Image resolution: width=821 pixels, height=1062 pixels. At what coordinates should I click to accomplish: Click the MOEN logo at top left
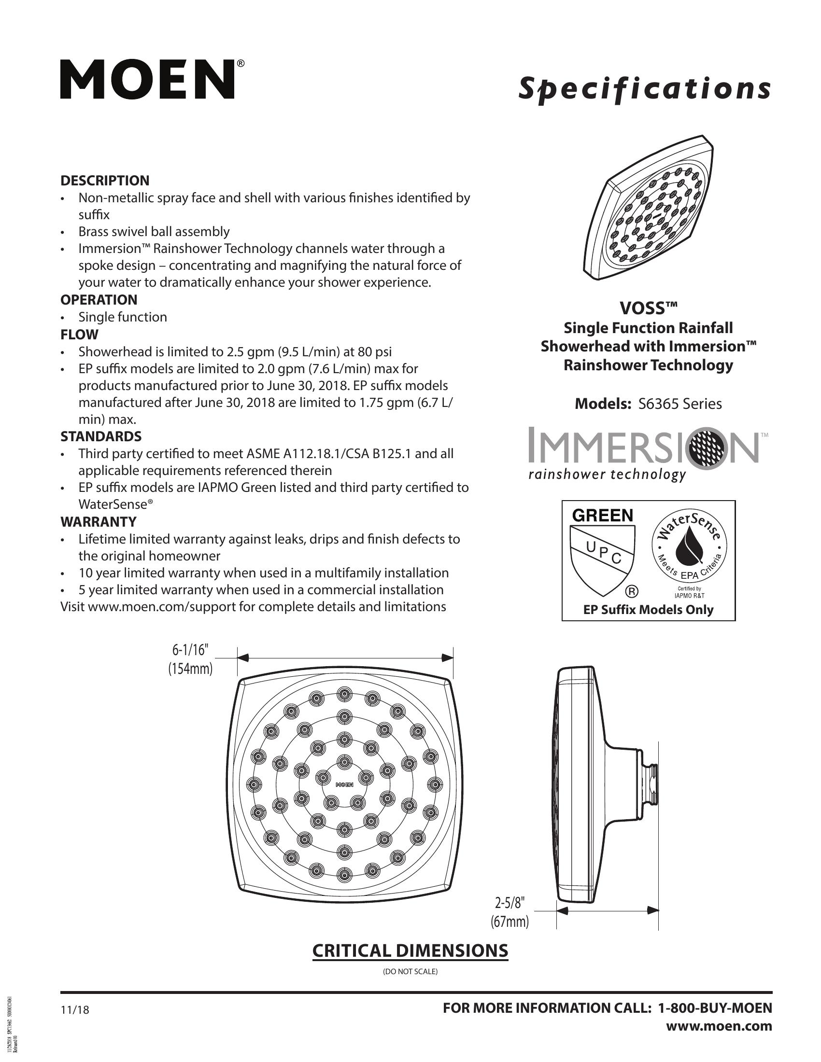147,80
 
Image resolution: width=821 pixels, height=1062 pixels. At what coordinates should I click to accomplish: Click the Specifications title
644,89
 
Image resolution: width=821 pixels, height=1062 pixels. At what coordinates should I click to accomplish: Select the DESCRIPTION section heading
105,181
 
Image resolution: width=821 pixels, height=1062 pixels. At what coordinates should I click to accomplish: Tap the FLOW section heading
79,335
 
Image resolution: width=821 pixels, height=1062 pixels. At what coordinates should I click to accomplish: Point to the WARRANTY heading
98,522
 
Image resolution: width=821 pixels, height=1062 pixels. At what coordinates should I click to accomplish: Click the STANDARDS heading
100,436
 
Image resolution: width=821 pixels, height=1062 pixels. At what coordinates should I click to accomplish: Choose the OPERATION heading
99,300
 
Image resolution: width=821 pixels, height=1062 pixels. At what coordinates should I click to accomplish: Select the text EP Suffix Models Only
648,610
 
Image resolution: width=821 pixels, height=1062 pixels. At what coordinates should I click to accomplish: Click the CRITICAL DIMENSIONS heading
410,950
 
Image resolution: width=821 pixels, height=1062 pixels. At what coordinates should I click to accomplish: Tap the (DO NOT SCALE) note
410,972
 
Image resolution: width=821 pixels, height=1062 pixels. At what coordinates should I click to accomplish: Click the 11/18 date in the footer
75,1010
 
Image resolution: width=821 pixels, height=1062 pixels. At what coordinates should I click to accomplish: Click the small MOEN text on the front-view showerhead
344,784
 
